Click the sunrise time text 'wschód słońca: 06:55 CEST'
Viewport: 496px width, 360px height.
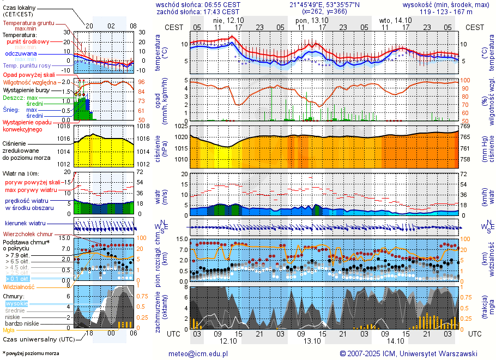[198, 4]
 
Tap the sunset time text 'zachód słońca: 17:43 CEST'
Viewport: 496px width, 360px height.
[198, 11]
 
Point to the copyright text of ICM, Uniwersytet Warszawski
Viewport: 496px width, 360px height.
[408, 353]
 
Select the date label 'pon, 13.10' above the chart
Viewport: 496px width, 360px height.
[309, 20]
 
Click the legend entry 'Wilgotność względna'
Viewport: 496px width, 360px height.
[29, 82]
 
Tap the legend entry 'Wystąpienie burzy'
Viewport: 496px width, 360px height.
[26, 89]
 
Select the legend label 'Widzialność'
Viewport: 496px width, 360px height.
[19, 286]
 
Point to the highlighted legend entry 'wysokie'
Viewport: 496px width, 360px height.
[16, 303]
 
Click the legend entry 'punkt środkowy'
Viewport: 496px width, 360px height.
[28, 41]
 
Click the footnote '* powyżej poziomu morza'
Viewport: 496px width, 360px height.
[31, 353]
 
